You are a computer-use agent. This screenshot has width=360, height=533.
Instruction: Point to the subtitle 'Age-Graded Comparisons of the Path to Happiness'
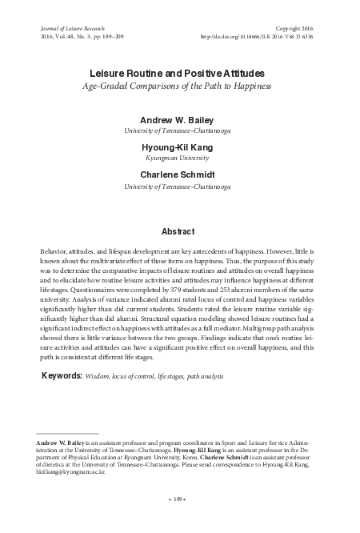pos(179,86)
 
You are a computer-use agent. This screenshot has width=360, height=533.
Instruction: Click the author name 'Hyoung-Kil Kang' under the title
pos(179,148)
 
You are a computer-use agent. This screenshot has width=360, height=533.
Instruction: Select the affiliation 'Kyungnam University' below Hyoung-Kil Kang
pos(179,158)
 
